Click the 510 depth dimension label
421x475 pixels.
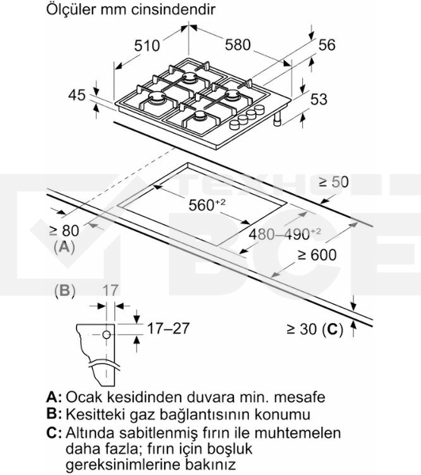(x=147, y=46)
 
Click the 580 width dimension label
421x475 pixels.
(x=238, y=45)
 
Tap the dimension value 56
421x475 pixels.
(x=327, y=45)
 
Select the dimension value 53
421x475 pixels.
(x=319, y=100)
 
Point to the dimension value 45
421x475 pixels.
(x=77, y=95)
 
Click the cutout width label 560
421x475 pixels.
(x=207, y=205)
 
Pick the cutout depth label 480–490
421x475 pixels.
(x=285, y=234)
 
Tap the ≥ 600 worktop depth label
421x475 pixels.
(x=317, y=255)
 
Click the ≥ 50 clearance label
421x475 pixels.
(x=334, y=182)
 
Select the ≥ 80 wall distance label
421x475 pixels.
(x=64, y=230)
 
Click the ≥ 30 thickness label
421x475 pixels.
(x=315, y=329)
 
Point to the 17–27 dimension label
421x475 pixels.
(x=168, y=329)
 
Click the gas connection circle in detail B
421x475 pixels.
(x=106, y=335)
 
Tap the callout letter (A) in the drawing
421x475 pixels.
(x=64, y=248)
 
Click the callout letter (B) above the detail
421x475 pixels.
(x=64, y=291)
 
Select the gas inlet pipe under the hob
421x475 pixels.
(x=277, y=120)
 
